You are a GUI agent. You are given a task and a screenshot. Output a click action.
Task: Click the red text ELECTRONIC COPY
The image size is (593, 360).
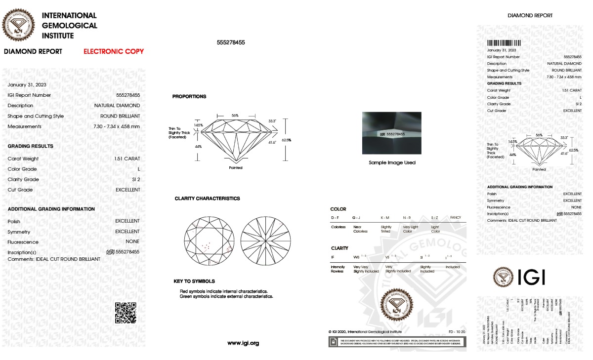click(x=114, y=51)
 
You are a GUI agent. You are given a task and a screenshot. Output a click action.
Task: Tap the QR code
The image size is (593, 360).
click(x=125, y=313)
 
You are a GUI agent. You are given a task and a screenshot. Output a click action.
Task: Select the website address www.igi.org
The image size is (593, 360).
click(x=243, y=343)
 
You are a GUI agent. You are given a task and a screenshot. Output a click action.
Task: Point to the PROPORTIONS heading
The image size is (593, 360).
click(x=189, y=97)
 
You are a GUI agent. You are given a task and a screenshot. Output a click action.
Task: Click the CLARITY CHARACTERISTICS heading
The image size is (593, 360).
click(x=207, y=199)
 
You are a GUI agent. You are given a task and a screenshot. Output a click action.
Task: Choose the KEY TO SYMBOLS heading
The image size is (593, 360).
click(x=194, y=281)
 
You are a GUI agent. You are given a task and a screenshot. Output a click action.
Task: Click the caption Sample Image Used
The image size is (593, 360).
click(x=392, y=162)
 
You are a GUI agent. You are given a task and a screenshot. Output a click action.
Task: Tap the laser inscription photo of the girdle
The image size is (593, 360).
click(x=391, y=132)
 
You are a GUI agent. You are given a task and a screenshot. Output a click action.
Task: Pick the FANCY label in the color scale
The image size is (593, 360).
click(x=455, y=218)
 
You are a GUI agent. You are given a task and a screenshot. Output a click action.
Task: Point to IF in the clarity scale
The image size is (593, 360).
click(x=333, y=257)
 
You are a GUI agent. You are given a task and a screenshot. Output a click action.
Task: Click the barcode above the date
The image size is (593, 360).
click(x=504, y=43)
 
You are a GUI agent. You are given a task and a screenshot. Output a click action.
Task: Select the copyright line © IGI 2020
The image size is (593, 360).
click(x=365, y=332)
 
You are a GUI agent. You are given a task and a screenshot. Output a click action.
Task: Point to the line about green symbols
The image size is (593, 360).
click(x=226, y=297)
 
